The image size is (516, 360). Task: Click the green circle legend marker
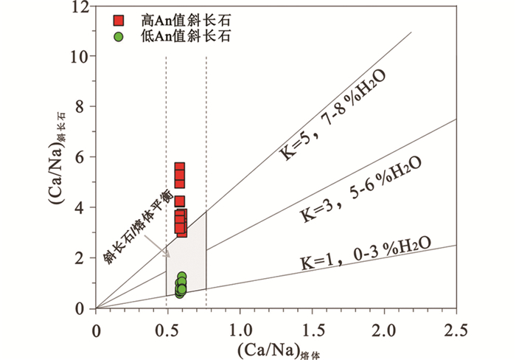(x=118, y=35)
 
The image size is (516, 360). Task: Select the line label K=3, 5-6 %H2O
(x=360, y=193)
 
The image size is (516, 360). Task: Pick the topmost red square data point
(x=179, y=168)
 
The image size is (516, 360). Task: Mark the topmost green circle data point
(x=181, y=277)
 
